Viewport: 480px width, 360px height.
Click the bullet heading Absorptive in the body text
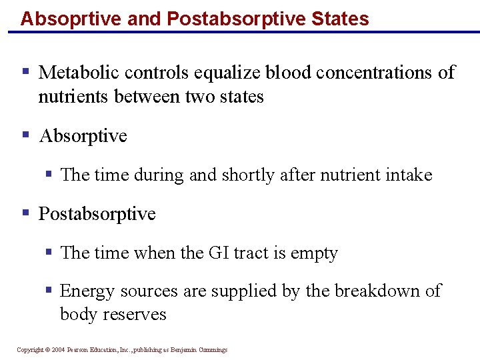coord(83,136)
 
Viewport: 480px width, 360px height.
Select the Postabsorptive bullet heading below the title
coord(97,214)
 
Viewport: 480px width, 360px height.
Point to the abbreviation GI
coord(220,253)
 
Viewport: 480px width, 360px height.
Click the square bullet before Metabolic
coord(25,71)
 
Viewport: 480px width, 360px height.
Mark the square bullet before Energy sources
coord(49,291)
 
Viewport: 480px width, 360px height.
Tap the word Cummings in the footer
coord(212,350)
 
